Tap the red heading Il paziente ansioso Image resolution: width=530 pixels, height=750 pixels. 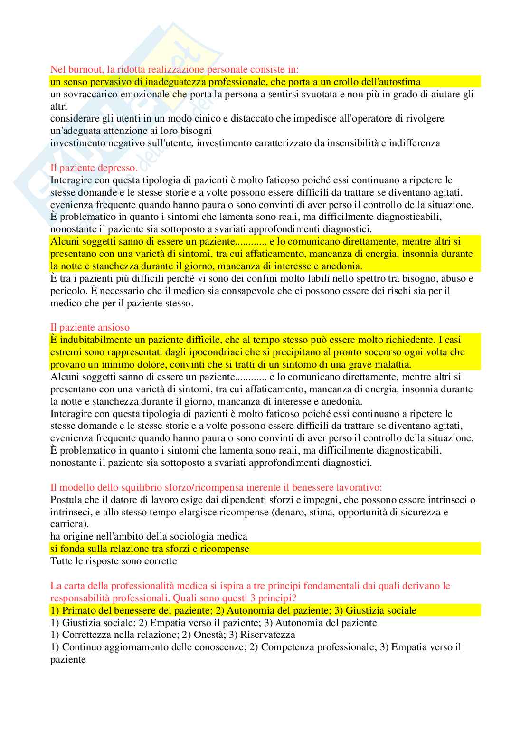tap(90, 328)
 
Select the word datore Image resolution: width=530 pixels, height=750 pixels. tap(130, 500)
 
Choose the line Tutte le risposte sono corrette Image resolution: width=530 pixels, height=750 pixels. tap(114, 561)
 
